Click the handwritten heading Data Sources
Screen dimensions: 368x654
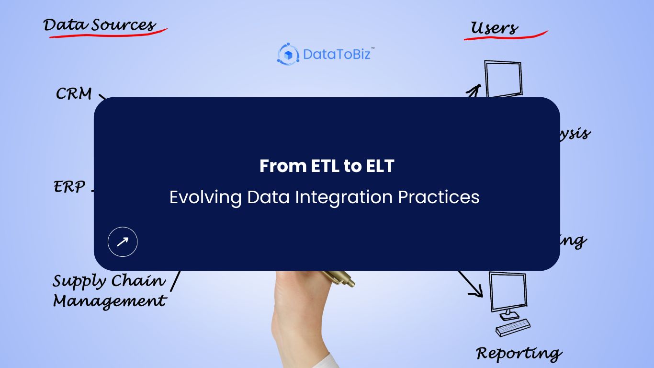[x=100, y=25]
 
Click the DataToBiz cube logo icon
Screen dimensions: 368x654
[x=288, y=54]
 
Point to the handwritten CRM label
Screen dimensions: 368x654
[x=74, y=94]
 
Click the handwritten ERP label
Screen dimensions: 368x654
[x=69, y=187]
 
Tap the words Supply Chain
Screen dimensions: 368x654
[x=109, y=281]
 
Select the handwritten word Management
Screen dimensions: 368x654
[x=109, y=301]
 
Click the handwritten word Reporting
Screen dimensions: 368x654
[x=519, y=354]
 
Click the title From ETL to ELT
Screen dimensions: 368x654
[x=327, y=166]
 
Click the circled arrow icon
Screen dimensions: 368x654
[x=123, y=242]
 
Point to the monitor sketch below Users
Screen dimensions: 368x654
[x=503, y=79]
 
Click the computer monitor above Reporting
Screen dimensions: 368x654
[x=507, y=292]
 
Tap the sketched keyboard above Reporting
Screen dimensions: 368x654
[x=513, y=328]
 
